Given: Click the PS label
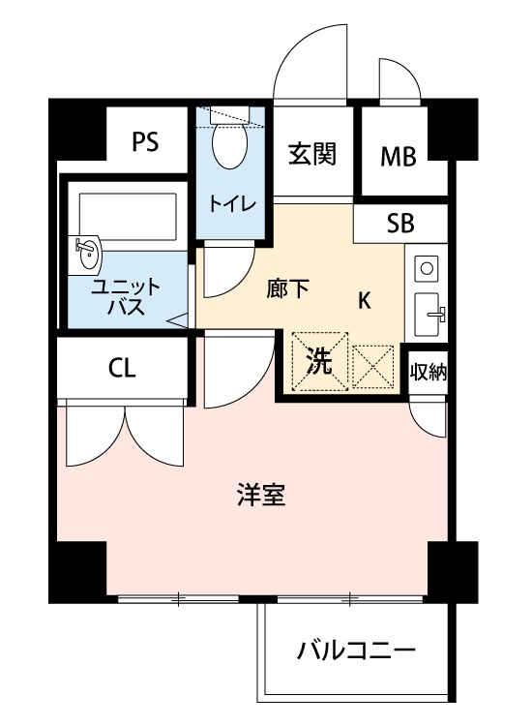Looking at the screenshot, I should pos(146,142).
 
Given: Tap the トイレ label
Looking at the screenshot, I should pos(233,203).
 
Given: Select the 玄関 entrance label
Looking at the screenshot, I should pos(311,154).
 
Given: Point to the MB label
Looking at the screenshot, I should pos(398,155).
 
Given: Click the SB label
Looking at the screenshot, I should pos(399,224).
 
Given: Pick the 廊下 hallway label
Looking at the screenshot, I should pos(288,288).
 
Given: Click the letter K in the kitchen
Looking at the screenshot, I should pos(365,300).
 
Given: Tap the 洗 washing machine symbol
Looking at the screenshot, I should pos(320,362).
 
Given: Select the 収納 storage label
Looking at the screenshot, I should pos(428,372).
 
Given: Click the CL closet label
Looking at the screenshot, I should pos(122,368).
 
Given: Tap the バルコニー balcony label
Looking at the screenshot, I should pos(356,650).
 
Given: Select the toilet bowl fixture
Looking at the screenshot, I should pos(230,147).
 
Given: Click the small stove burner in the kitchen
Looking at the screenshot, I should pos(427,265).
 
